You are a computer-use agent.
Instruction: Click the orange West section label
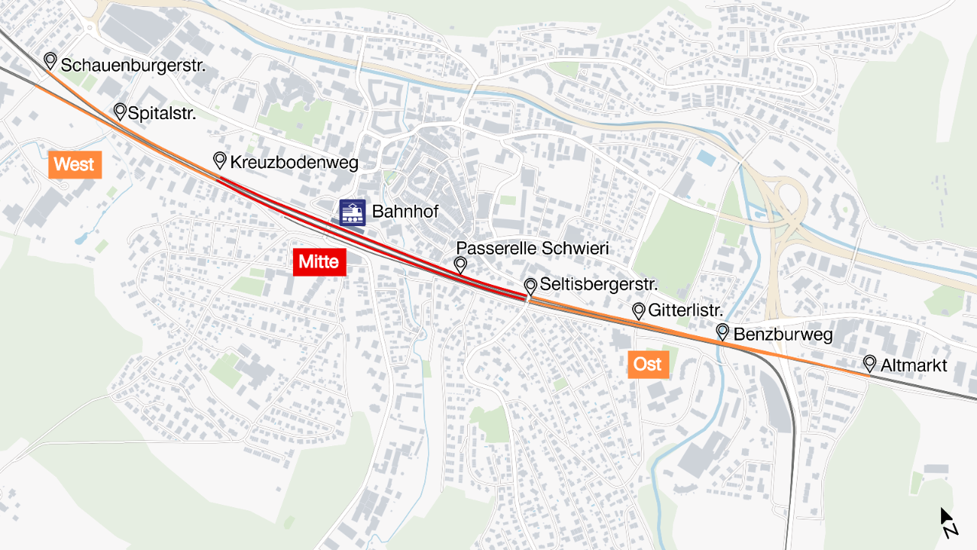[x=75, y=164]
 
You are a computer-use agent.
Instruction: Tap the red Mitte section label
[x=319, y=262]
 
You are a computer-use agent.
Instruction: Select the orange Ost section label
[x=648, y=364]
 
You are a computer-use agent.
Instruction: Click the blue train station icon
[x=352, y=212]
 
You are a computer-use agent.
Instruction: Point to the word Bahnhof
[x=405, y=212]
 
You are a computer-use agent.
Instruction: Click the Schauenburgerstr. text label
[x=133, y=66]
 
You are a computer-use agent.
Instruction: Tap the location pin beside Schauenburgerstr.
[x=50, y=60]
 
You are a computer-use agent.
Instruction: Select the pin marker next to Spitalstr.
[x=120, y=112]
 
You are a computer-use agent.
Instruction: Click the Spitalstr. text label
[x=162, y=114]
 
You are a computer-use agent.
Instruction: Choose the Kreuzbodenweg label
[x=294, y=163]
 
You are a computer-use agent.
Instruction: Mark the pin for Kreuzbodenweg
[x=220, y=160]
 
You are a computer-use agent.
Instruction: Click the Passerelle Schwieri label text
[x=533, y=248]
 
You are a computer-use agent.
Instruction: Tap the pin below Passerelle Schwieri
[x=460, y=265]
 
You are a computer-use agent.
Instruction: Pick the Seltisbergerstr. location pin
[x=530, y=286]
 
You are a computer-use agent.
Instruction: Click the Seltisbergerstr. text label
[x=599, y=285]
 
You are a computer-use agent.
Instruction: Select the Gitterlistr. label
[x=685, y=311]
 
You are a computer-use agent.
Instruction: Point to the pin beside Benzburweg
[x=722, y=332]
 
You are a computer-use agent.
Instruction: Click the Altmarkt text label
[x=914, y=366]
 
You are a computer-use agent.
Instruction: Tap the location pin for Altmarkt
[x=869, y=364]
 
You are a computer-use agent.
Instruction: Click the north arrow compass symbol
[x=948, y=522]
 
